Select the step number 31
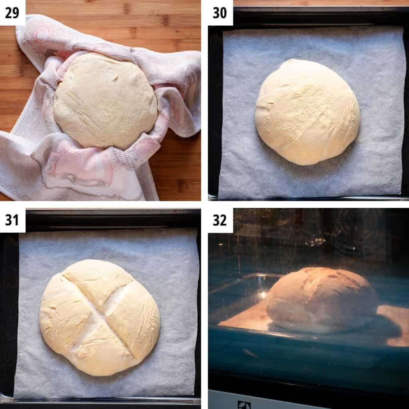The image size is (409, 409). pos(12,220)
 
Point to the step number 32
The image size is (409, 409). pos(220,220)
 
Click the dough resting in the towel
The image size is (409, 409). pos(105,100)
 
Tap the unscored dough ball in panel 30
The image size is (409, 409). pos(307,111)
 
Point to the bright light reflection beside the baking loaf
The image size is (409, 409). pos(263,295)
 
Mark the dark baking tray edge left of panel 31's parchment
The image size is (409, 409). pos(8,312)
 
